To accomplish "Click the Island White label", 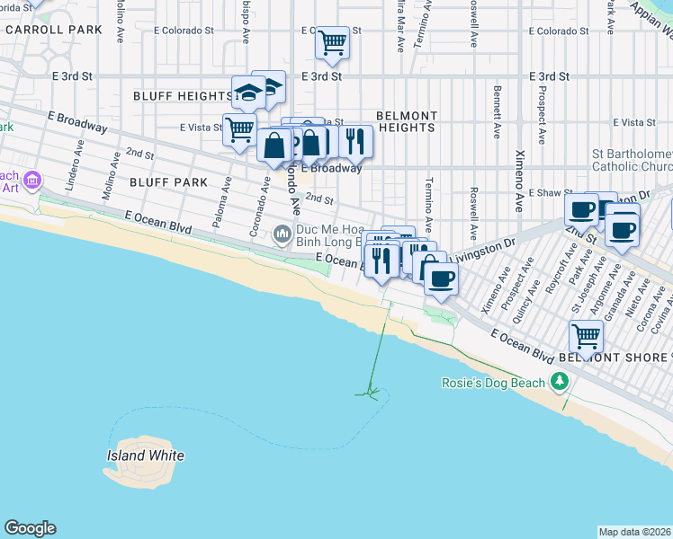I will coord(145,455).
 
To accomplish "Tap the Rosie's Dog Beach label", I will coord(493,383).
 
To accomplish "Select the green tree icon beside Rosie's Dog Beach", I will coord(560,383).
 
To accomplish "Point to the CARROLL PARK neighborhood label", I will coord(53,30).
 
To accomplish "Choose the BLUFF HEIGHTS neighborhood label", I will coord(183,96).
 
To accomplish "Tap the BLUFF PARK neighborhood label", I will coord(168,182).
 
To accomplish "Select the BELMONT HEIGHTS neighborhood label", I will coord(406,122).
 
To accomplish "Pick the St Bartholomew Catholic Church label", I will coord(633,160).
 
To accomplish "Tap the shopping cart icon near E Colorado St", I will coord(332,41).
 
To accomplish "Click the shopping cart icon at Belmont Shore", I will coord(586,336).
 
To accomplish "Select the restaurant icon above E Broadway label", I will coord(356,139).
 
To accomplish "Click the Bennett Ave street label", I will coord(497,112).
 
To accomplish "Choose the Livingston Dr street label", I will coord(484,248).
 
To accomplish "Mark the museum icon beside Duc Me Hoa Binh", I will coord(283,235).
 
